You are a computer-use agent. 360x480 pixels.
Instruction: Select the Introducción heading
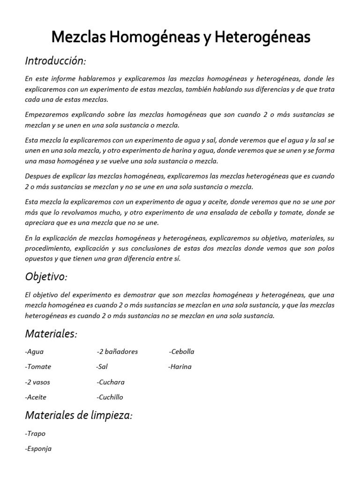[55, 61]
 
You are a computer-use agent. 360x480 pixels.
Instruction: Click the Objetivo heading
[46, 277]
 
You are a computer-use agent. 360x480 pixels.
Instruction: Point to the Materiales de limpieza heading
[78, 415]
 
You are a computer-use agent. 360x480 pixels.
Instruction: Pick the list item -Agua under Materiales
[34, 352]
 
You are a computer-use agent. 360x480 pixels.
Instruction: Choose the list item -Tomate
[38, 367]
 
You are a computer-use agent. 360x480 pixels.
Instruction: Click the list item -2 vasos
[37, 382]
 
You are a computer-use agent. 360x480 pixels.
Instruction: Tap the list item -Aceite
[36, 397]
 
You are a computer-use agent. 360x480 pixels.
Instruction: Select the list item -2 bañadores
[117, 352]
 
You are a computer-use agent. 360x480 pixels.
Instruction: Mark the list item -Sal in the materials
[102, 367]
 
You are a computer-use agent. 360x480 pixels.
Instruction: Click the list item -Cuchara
[111, 382]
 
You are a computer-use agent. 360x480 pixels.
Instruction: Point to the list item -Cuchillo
[110, 397]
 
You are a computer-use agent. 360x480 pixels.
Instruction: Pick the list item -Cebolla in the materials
[181, 352]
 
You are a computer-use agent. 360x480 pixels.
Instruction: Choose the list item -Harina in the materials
[180, 367]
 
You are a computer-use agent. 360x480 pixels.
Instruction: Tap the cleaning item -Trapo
[35, 434]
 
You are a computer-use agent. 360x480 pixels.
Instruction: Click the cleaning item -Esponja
[38, 449]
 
